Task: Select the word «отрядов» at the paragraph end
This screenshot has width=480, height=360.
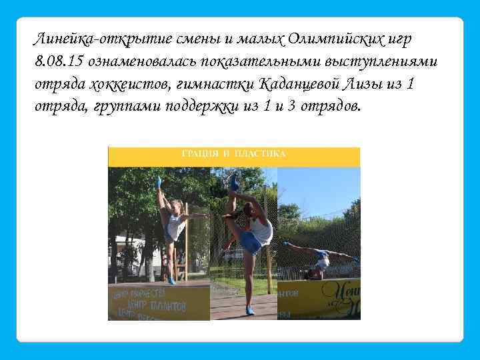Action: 328,107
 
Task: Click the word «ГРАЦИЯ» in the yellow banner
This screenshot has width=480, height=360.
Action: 200,153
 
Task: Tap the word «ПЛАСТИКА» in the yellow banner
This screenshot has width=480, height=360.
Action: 260,153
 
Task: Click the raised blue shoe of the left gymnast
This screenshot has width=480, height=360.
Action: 159,181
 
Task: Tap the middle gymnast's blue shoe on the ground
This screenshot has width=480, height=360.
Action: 249,311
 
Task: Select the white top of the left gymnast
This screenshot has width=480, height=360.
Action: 175,227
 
